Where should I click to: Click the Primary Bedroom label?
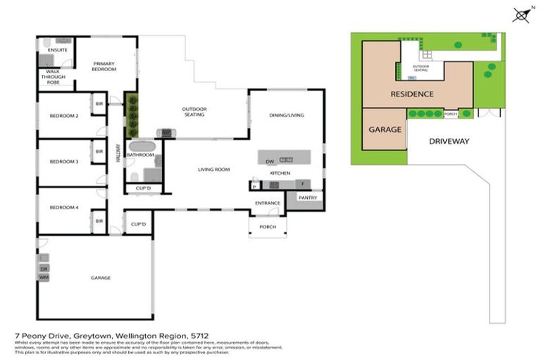pyautogui.click(x=104, y=67)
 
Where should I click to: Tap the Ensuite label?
pyautogui.click(x=57, y=51)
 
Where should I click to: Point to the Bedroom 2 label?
pyautogui.click(x=63, y=116)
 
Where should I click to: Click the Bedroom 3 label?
pyautogui.click(x=63, y=161)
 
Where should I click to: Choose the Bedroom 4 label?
pyautogui.click(x=63, y=207)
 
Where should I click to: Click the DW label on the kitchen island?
pyautogui.click(x=269, y=161)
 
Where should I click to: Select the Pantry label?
pyautogui.click(x=308, y=198)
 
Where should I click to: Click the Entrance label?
pyautogui.click(x=268, y=203)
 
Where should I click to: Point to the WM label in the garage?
pyautogui.click(x=44, y=278)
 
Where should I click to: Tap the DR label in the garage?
pyautogui.click(x=44, y=269)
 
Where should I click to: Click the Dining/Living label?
pyautogui.click(x=287, y=115)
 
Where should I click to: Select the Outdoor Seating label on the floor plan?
pyautogui.click(x=194, y=111)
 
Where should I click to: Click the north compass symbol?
pyautogui.click(x=521, y=14)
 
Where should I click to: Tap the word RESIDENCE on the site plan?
pyautogui.click(x=412, y=94)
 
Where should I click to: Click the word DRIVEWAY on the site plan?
pyautogui.click(x=449, y=141)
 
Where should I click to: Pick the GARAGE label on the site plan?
pyautogui.click(x=385, y=130)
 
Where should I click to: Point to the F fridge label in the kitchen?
pyautogui.click(x=303, y=183)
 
